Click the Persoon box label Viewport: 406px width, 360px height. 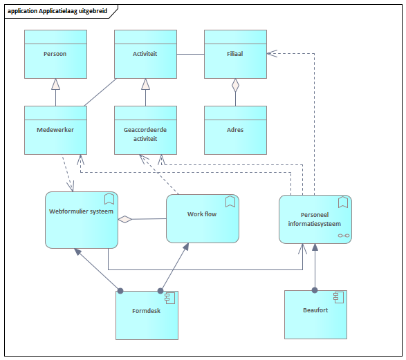(x=55, y=54)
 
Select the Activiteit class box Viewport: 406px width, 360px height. (x=145, y=54)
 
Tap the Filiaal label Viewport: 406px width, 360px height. (x=235, y=54)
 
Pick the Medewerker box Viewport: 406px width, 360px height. (x=55, y=130)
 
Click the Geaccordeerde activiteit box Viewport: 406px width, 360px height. (x=145, y=130)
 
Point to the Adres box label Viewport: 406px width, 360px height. (x=235, y=130)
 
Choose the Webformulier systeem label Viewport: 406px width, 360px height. (x=82, y=211)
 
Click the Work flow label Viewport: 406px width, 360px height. (x=202, y=214)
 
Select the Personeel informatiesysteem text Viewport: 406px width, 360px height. (x=315, y=219)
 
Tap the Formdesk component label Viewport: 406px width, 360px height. (x=147, y=311)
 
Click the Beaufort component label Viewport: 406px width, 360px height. (x=315, y=310)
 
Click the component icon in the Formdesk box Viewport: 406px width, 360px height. (x=170, y=298)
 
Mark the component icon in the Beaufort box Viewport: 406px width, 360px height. (x=339, y=297)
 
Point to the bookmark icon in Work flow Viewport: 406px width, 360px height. (x=230, y=202)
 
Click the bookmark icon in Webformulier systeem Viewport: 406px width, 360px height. (x=109, y=198)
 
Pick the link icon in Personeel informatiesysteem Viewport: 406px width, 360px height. (x=344, y=236)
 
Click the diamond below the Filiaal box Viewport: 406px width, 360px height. (x=235, y=86)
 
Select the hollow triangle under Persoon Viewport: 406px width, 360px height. (x=55, y=84)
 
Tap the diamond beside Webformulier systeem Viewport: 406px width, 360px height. (x=124, y=219)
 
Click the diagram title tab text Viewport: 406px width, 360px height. (x=57, y=11)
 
